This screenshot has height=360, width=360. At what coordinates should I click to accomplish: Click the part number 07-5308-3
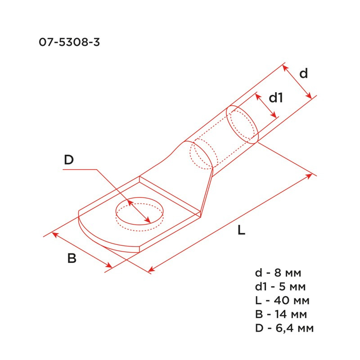69,43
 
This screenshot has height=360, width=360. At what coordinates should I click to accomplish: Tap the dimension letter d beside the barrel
304,73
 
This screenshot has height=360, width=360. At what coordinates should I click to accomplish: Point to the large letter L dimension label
241,230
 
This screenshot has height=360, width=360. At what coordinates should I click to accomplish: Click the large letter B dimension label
72,258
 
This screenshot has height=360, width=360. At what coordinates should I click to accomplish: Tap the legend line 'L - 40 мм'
282,300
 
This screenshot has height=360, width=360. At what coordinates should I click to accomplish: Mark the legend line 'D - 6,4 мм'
284,328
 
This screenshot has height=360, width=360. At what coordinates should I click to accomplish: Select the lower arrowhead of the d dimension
310,96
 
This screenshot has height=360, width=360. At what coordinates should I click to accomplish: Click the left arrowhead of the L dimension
151,270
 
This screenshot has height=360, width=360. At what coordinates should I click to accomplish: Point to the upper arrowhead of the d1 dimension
257,96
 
